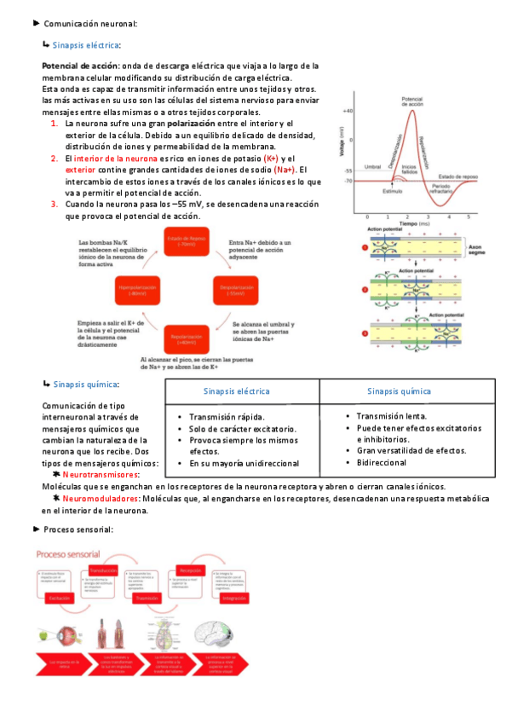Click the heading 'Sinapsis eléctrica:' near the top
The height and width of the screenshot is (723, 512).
click(87, 44)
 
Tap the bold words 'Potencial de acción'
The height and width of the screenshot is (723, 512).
click(80, 66)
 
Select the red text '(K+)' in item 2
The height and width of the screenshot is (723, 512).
click(271, 159)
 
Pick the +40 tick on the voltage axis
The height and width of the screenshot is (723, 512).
click(348, 112)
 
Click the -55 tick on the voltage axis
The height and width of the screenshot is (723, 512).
click(348, 171)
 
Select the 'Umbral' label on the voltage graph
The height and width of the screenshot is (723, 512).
click(372, 166)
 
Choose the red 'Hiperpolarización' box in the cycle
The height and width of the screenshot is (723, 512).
click(137, 291)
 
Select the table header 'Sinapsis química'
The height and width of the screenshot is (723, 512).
click(399, 390)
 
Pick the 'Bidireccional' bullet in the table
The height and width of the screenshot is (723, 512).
click(382, 462)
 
